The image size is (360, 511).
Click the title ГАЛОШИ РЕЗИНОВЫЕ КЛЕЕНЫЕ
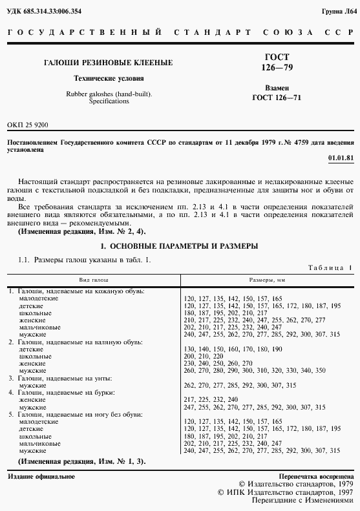(107, 63)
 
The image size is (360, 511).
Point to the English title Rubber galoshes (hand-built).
(109, 94)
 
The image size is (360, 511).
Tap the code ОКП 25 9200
(27, 124)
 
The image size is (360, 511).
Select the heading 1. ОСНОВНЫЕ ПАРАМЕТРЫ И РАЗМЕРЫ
(180, 246)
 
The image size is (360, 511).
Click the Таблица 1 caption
(330, 268)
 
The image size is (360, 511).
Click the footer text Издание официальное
(41, 476)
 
